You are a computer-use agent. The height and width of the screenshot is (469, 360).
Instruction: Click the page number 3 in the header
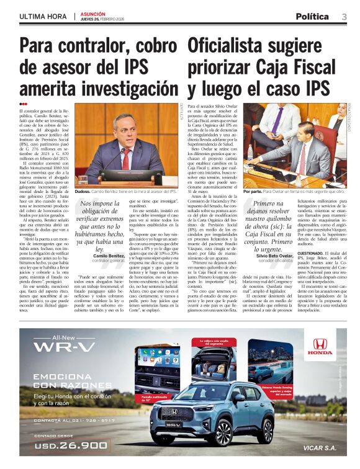click(344, 16)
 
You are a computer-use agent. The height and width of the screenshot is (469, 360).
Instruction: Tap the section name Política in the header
click(312, 16)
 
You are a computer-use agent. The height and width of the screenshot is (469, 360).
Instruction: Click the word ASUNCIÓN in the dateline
click(93, 14)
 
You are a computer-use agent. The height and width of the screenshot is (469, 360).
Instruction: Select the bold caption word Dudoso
click(83, 192)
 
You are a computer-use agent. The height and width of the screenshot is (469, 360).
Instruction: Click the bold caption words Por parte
click(253, 192)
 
